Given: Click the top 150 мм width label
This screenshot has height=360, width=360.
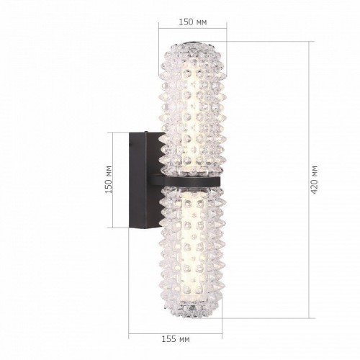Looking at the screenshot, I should coord(192,23).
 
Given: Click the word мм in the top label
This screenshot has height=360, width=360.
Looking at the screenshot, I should coord(201,23).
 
